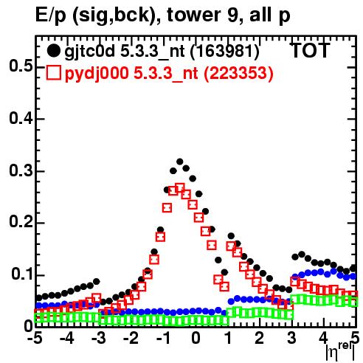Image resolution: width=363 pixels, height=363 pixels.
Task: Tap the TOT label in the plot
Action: [311, 50]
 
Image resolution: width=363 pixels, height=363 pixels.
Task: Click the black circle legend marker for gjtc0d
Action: [53, 51]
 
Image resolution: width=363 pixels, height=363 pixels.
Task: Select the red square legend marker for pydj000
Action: [53, 72]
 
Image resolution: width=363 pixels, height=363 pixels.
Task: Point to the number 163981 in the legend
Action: [225, 51]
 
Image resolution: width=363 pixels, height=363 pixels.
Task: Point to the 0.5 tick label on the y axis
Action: [21, 66]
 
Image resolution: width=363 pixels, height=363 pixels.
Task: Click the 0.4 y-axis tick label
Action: [21, 118]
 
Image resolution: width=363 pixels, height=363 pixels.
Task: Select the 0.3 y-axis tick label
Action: [21, 170]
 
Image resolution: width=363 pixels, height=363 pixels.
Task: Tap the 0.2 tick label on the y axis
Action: [21, 221]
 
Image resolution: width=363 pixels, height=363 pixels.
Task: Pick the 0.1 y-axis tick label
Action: [21, 274]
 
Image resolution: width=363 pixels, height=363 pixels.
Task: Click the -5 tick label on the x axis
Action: [35, 338]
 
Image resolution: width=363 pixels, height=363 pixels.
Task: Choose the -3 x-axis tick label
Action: [98, 338]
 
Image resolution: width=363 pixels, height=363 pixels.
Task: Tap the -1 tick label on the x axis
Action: [163, 338]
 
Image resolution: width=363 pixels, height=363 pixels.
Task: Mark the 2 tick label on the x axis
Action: [260, 338]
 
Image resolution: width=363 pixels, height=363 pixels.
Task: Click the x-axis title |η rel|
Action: [340, 351]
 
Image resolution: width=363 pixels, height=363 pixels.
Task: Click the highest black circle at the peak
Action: [180, 162]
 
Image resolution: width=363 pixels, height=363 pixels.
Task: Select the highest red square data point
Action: [180, 188]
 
